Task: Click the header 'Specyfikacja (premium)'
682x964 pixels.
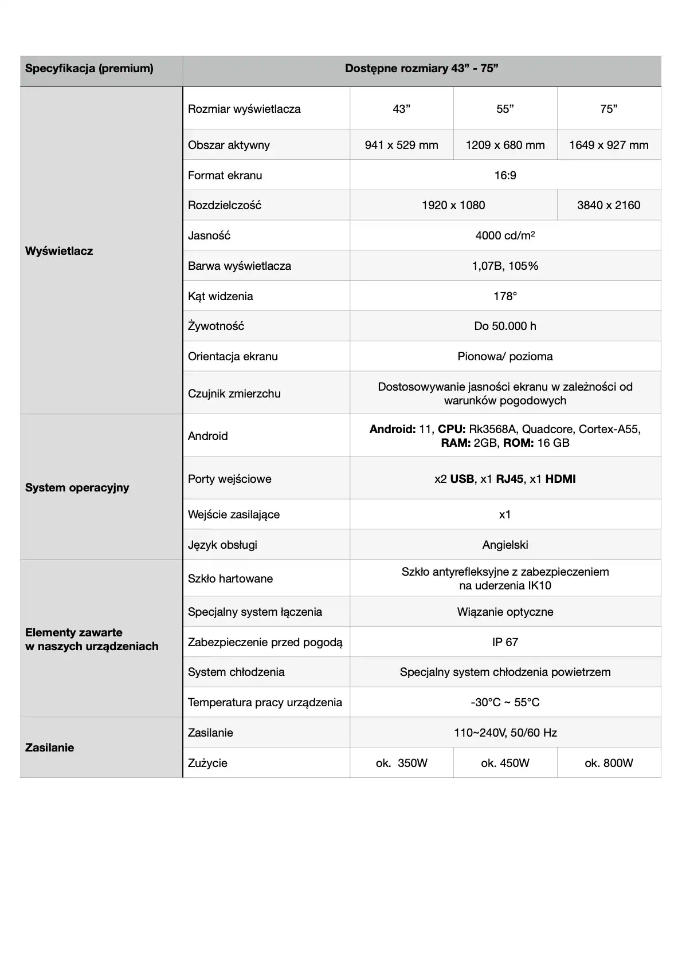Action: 89,69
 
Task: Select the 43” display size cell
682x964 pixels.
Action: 401,109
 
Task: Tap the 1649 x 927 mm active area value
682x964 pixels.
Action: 609,145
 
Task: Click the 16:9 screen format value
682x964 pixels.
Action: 505,175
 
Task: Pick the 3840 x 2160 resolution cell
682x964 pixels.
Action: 609,205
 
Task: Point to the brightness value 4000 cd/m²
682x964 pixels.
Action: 505,235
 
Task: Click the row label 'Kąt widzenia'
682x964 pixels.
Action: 221,296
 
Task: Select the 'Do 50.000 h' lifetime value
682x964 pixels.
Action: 505,326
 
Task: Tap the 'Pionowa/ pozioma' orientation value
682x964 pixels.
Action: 505,356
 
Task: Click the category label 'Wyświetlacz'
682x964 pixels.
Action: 59,251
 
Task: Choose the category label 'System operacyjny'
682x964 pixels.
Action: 77,487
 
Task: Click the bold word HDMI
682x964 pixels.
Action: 561,479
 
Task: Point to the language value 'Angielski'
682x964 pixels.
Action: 505,545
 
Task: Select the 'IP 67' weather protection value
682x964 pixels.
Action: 505,642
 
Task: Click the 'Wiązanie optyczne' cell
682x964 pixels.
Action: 505,612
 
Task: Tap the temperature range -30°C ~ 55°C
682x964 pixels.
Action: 505,702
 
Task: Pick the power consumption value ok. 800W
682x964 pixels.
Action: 609,763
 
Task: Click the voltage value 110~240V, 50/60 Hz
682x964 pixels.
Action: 505,733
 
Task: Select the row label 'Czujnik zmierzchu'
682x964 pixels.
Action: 234,394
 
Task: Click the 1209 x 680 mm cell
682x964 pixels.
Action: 505,145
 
